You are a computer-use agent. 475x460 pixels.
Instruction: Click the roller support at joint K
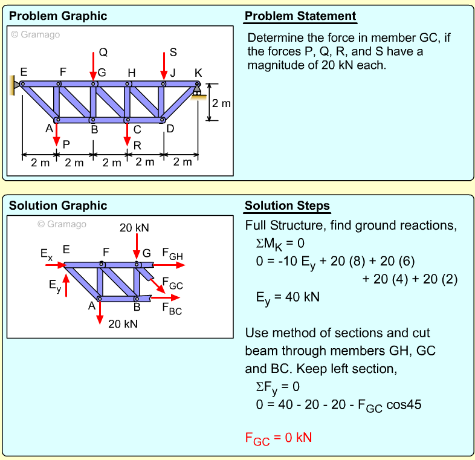click(196, 91)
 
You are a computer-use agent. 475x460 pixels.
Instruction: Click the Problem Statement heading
click(300, 16)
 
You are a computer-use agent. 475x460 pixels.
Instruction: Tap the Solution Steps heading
click(288, 206)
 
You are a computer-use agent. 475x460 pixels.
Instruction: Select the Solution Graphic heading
click(58, 206)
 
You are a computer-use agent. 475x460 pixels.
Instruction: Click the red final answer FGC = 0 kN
click(279, 438)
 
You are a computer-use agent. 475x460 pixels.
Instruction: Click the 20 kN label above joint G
click(134, 228)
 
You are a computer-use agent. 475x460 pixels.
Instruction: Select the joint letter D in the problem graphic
click(170, 129)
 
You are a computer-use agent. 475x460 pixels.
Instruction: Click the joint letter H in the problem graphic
click(130, 73)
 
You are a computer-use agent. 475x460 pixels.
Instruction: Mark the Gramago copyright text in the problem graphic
click(36, 34)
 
